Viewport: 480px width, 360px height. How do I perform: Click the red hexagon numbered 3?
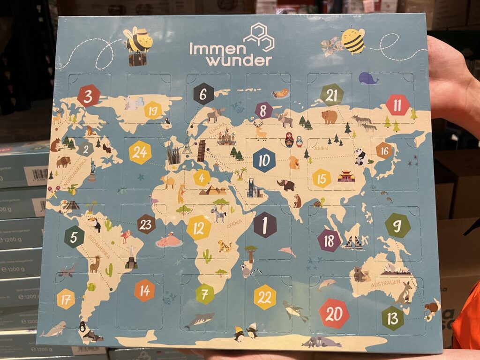pyautogui.click(x=89, y=96)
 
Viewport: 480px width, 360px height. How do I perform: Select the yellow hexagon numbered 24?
pyautogui.click(x=140, y=152)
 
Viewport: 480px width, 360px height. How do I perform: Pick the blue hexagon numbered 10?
pyautogui.click(x=264, y=160)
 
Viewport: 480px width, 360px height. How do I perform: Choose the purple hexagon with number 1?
pyautogui.click(x=265, y=225)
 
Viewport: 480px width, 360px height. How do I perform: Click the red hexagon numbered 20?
pyautogui.click(x=334, y=313)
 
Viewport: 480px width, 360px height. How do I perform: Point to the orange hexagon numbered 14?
pyautogui.click(x=144, y=290)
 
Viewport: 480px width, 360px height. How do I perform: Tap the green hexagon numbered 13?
pyautogui.click(x=392, y=318)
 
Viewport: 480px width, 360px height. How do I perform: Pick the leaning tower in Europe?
pyautogui.click(x=202, y=151)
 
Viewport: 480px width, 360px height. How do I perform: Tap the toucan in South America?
pyautogui.click(x=97, y=225)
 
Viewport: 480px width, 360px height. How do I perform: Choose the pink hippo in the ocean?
pyautogui.click(x=169, y=241)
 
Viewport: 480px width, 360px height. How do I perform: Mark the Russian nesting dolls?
pyautogui.click(x=294, y=139)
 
